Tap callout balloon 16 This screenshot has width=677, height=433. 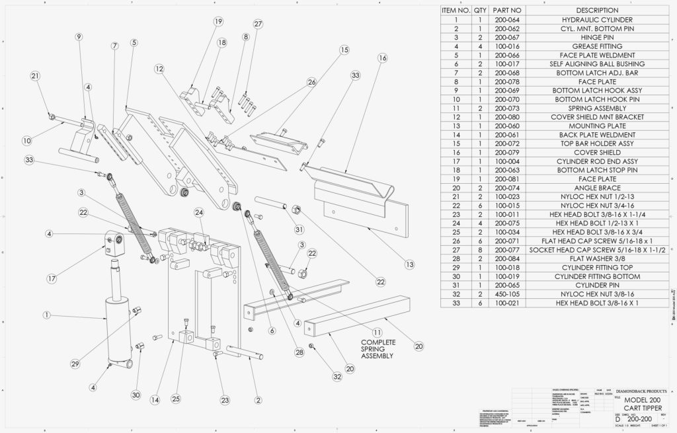382,58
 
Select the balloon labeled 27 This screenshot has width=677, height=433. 258,24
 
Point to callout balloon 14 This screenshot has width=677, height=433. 154,399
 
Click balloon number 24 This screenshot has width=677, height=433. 198,212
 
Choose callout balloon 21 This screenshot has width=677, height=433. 34,76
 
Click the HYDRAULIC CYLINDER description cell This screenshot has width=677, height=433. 597,20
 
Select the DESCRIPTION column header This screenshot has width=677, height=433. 597,11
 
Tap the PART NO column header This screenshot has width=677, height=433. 508,11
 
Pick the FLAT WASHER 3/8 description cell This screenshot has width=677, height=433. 597,258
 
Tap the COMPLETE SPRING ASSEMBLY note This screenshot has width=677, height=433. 378,348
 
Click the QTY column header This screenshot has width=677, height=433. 480,11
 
